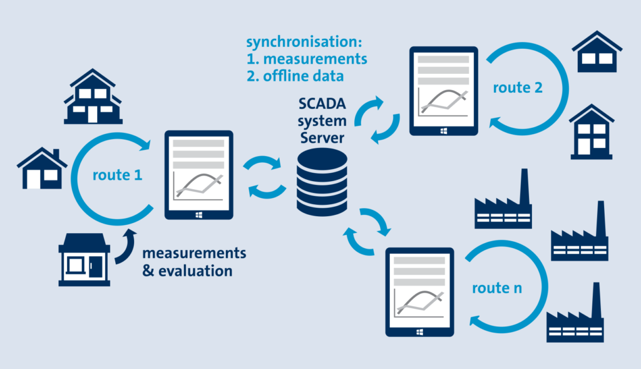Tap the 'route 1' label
coord(118,175)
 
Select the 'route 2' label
coord(517,88)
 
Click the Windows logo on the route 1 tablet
coord(198,214)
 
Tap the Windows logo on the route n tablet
coord(419,332)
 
